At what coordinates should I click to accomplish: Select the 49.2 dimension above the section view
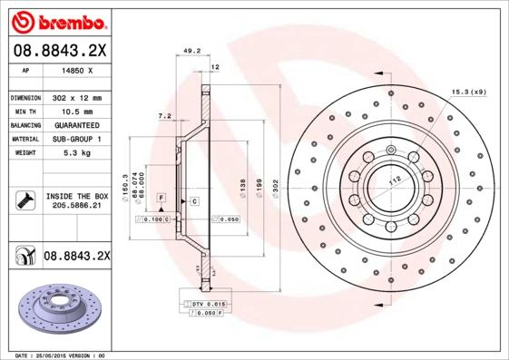(x=191, y=52)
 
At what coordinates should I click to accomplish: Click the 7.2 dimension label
(x=164, y=116)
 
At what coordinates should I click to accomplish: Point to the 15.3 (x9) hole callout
(x=468, y=92)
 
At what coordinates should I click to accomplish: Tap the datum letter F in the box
(x=161, y=197)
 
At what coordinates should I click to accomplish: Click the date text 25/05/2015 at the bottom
(x=61, y=355)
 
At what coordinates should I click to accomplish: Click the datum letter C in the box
(x=194, y=199)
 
